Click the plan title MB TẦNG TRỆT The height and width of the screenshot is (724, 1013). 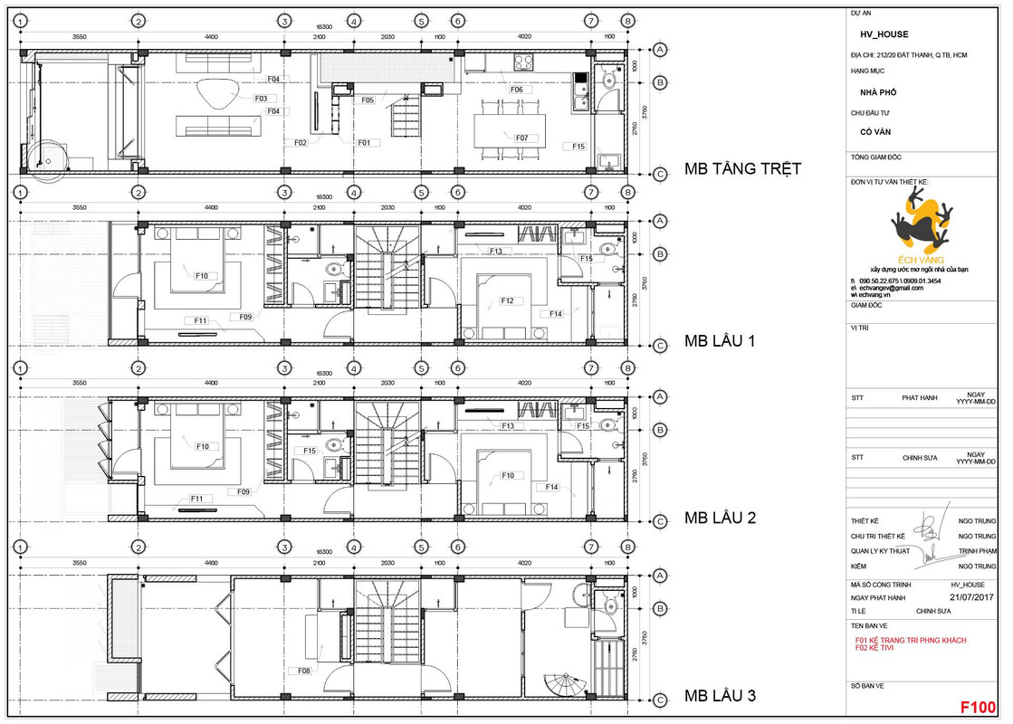click(x=742, y=169)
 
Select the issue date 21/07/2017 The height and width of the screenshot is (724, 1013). click(x=970, y=597)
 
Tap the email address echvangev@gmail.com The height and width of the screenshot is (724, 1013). click(x=897, y=288)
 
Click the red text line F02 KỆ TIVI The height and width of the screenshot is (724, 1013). click(x=881, y=648)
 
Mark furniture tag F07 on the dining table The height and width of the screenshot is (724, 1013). click(x=521, y=138)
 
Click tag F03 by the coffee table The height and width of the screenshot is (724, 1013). click(x=260, y=98)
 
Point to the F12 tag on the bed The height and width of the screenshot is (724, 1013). click(x=507, y=300)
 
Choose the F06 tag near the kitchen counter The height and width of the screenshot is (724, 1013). click(x=516, y=90)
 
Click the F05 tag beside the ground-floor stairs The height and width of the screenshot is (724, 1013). click(x=368, y=100)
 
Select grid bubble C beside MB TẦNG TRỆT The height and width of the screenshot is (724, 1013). click(x=661, y=174)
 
